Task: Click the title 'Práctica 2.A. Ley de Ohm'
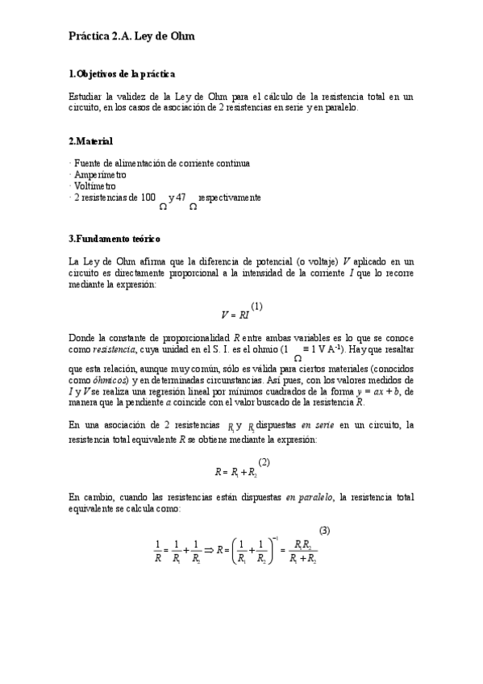tap(131, 36)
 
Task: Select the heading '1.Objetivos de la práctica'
tap(123, 74)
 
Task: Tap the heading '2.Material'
tap(90, 141)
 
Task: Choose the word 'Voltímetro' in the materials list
tap(95, 186)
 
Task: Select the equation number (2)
tap(264, 462)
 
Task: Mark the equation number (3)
tap(324, 530)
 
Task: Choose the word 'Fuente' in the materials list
tap(88, 163)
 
